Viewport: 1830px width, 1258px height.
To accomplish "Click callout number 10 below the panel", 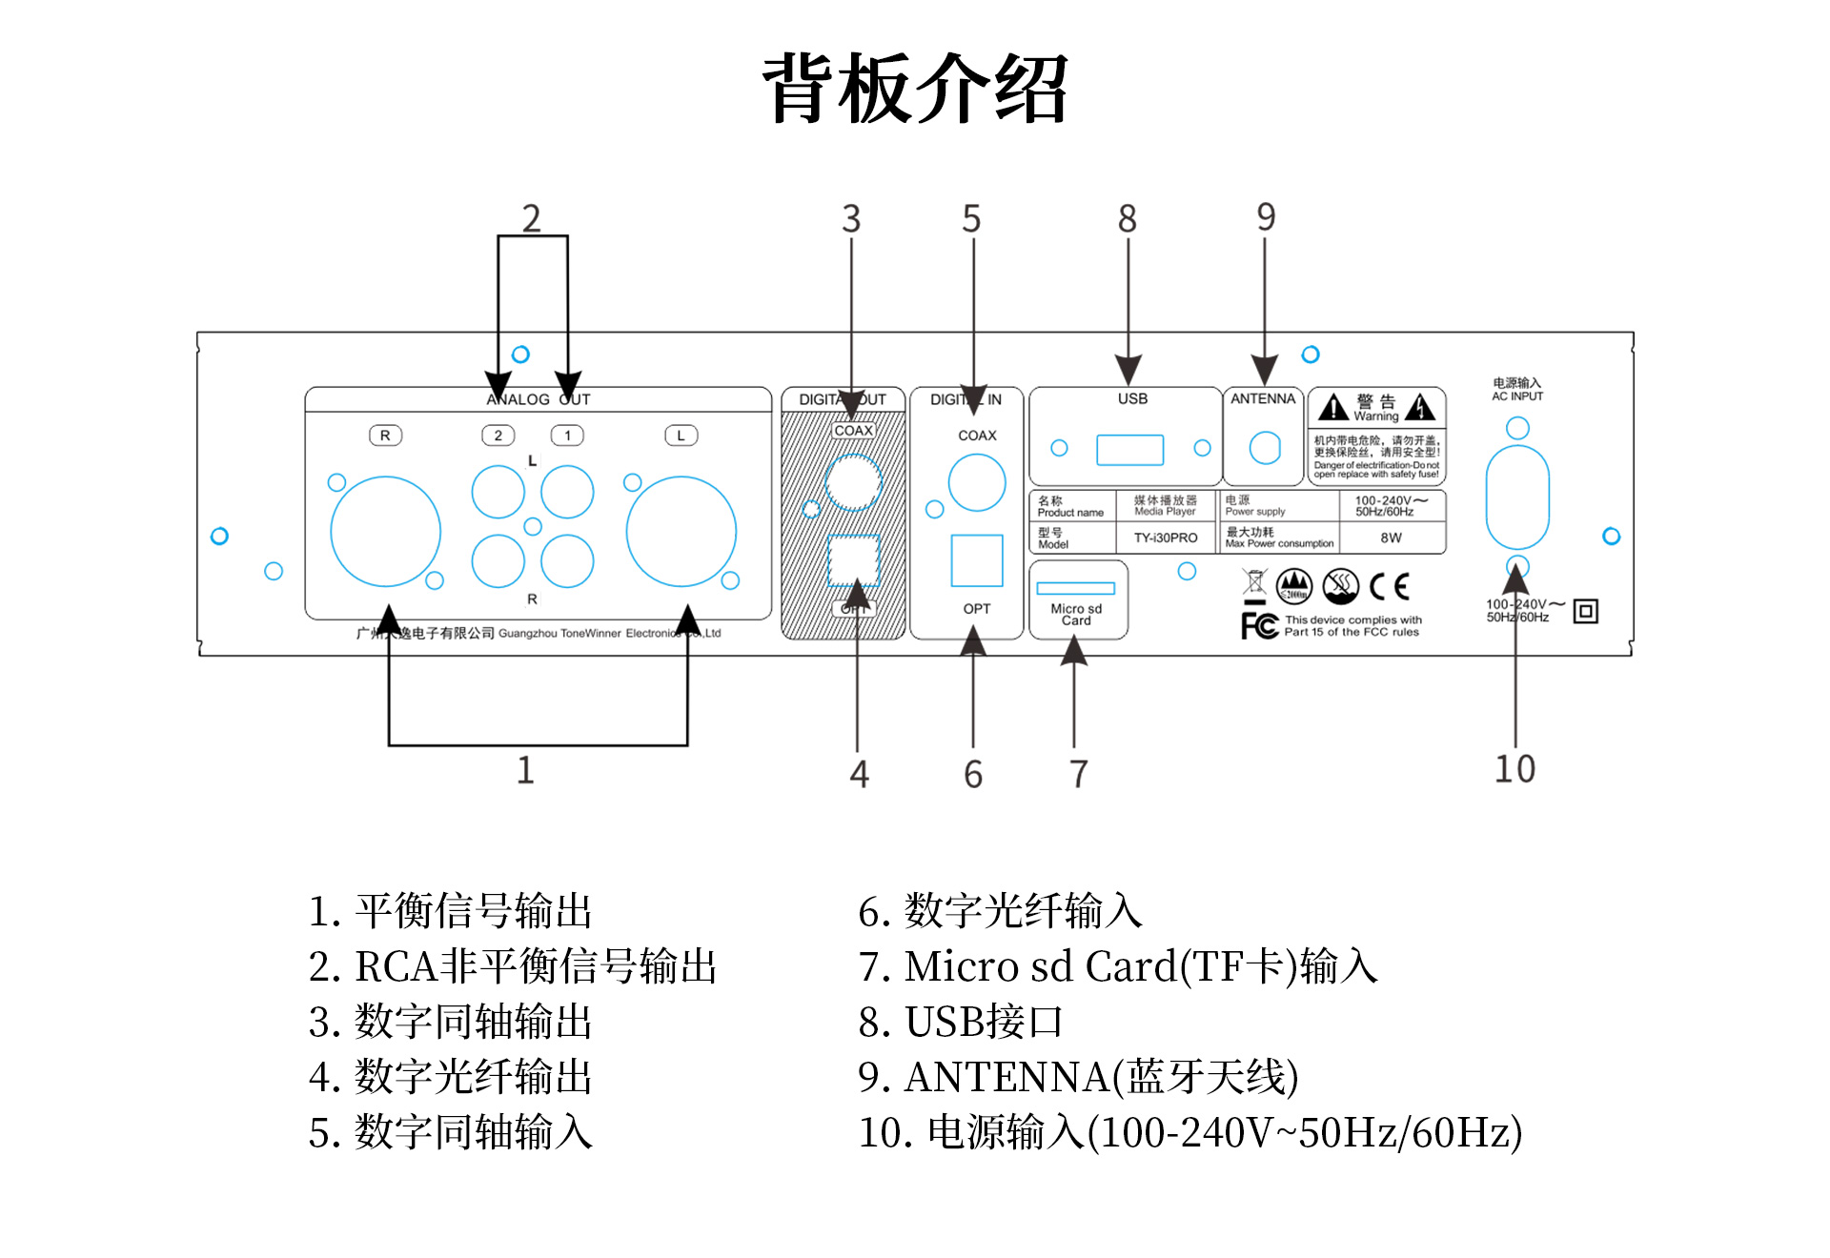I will [1515, 769].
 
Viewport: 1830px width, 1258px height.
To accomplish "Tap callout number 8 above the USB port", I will [1128, 219].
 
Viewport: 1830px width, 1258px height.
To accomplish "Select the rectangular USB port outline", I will [1129, 449].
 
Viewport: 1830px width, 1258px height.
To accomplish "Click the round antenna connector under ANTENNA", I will [1264, 447].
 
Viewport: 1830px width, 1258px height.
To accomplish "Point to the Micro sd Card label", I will [1076, 615].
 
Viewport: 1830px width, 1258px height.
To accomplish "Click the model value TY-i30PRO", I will [1165, 538].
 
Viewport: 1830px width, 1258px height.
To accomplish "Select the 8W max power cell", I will [1391, 538].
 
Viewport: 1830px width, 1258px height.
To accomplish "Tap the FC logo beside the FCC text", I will [1259, 625].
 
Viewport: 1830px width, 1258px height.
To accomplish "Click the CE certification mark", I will [1389, 586].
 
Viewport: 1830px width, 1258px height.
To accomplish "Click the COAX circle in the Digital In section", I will [976, 482].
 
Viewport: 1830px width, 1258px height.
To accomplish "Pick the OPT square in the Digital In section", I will [976, 560].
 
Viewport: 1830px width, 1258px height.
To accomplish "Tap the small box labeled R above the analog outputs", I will [385, 436].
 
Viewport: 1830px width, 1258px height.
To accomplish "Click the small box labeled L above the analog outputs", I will [681, 436].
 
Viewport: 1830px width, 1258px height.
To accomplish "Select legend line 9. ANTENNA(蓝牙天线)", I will [1078, 1077].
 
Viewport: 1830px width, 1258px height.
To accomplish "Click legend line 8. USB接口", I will [960, 1022].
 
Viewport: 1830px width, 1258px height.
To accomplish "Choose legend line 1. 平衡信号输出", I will [450, 911].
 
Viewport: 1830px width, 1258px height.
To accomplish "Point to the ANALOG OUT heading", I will [538, 399].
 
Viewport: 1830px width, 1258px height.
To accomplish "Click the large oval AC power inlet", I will [1517, 497].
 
